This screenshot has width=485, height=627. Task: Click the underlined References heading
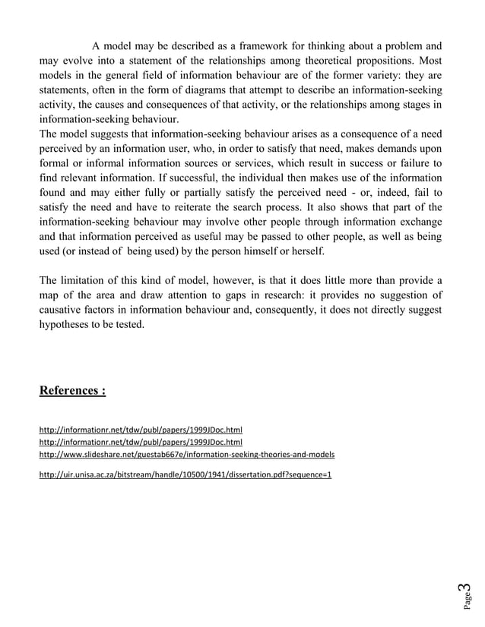click(x=72, y=391)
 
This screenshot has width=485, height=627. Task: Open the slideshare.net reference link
click(x=186, y=454)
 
